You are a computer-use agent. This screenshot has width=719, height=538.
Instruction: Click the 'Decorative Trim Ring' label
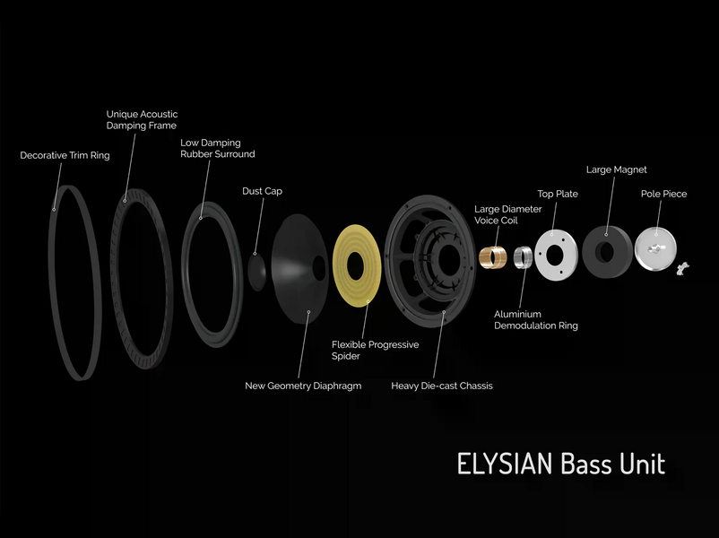click(65, 155)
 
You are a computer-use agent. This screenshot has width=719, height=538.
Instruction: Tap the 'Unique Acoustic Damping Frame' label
click(142, 120)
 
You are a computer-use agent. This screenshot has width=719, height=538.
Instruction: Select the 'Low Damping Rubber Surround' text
click(217, 148)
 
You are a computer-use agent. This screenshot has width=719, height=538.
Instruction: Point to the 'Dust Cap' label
click(263, 191)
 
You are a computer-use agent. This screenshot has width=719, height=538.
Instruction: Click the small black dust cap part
click(256, 272)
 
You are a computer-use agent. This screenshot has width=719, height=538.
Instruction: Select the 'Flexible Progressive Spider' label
click(375, 350)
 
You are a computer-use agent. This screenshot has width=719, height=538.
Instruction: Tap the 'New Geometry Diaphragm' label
click(303, 386)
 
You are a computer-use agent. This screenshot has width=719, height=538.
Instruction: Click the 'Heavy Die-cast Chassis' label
click(442, 386)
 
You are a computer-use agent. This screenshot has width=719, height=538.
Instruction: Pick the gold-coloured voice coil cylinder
click(492, 256)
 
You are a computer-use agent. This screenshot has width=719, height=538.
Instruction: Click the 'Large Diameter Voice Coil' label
click(507, 214)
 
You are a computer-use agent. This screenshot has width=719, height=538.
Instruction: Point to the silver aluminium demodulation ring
click(523, 257)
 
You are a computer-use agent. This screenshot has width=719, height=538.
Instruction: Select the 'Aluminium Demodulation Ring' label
click(535, 320)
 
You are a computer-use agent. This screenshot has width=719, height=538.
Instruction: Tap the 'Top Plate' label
click(558, 194)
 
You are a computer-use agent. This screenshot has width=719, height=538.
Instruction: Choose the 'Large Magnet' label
click(616, 169)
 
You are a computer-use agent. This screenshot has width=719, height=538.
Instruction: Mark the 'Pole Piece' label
click(663, 194)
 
